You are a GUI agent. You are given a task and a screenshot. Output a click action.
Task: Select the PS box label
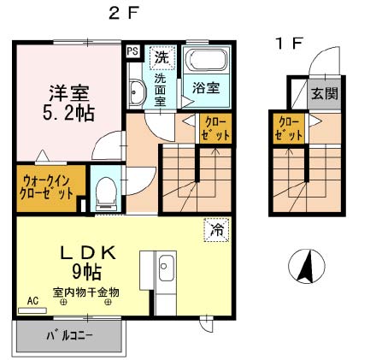(x=132, y=51)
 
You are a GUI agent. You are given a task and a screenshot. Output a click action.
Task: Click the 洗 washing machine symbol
(x=160, y=57)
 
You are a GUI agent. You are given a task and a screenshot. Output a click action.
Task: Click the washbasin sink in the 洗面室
(x=136, y=91)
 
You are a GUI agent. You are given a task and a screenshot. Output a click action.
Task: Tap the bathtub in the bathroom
(x=204, y=62)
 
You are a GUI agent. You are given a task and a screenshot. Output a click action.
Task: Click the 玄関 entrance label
(x=321, y=93)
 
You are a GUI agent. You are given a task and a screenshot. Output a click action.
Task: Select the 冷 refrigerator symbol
(x=216, y=229)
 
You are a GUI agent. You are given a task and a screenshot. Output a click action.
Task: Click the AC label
(x=33, y=301)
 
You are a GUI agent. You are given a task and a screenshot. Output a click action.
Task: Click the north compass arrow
(x=306, y=266)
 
